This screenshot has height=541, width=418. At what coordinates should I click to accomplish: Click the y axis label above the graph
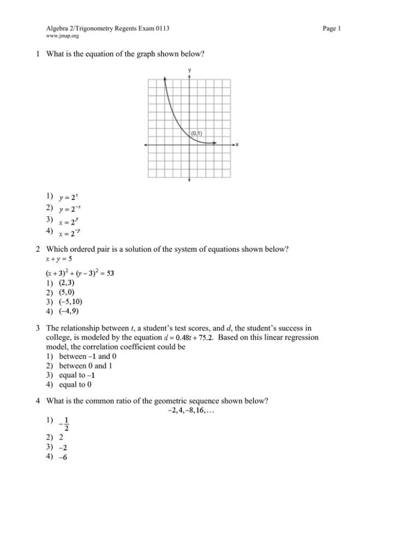[189, 70]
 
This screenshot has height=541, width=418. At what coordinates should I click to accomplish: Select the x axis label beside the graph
[237, 145]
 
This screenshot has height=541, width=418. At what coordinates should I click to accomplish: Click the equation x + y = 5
[61, 257]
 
